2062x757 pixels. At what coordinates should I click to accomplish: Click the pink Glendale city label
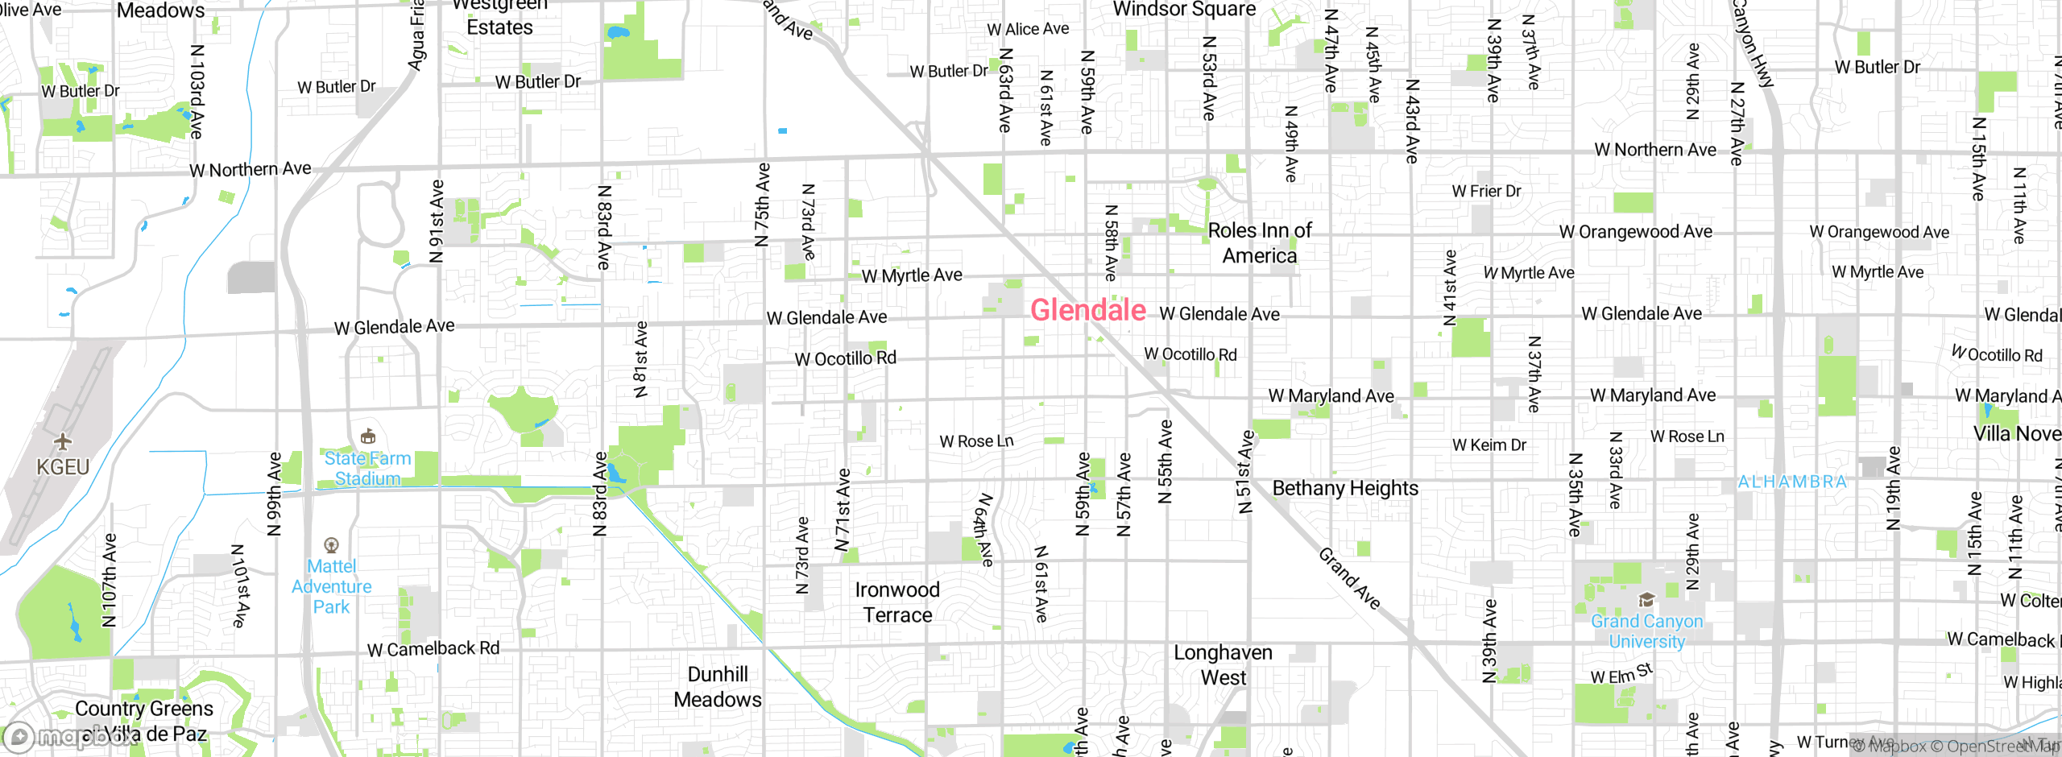[1087, 310]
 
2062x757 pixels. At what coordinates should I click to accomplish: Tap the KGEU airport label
[63, 467]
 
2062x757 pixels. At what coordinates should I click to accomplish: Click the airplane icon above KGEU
[63, 441]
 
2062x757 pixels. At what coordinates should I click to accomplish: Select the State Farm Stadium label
[367, 469]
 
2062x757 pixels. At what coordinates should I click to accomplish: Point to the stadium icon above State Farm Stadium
[368, 436]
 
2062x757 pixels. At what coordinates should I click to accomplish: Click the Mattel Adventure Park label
[331, 587]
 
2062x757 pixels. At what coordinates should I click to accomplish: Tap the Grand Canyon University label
[1646, 631]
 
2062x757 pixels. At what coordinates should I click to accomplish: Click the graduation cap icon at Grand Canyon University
[1646, 600]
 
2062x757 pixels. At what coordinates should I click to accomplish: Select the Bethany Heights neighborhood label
[1345, 488]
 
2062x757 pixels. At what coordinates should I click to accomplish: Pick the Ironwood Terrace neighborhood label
[897, 602]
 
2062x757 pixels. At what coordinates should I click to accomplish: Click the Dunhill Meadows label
[718, 687]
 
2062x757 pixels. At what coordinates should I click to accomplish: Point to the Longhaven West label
[1223, 664]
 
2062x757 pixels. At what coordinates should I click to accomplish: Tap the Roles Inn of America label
[1260, 243]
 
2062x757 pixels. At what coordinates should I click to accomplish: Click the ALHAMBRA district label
[1791, 482]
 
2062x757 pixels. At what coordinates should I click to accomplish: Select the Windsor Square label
[1184, 10]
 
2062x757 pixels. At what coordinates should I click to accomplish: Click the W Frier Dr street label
[1486, 191]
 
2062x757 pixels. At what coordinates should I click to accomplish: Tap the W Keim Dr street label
[1489, 445]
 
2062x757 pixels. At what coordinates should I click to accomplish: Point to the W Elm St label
[1621, 675]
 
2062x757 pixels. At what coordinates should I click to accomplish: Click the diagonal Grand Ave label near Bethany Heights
[1349, 578]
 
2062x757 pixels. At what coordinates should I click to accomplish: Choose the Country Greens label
[144, 709]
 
